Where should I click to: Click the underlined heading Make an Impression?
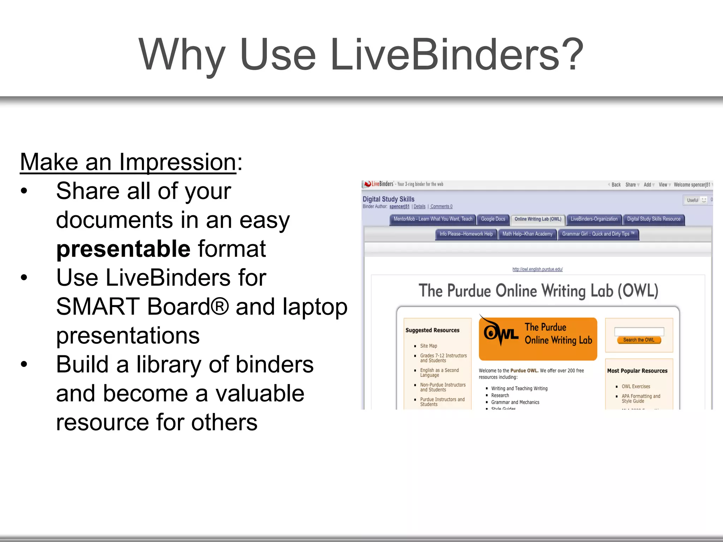(x=128, y=162)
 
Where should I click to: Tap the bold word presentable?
(x=123, y=249)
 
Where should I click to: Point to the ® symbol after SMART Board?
(x=220, y=306)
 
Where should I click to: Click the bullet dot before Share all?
(x=24, y=191)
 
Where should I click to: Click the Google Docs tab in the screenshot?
(x=493, y=219)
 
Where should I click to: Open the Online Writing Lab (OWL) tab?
(x=538, y=219)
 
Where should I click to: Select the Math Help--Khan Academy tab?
(x=527, y=234)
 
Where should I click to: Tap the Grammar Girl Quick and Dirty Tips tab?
(x=598, y=234)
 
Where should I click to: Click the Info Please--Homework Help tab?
(x=466, y=234)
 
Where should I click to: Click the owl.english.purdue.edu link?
(x=537, y=269)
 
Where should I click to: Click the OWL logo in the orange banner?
(x=500, y=332)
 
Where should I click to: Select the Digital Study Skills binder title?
(x=388, y=199)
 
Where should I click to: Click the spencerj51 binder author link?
(x=399, y=207)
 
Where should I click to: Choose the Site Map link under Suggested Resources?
(x=428, y=346)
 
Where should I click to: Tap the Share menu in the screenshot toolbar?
(x=631, y=185)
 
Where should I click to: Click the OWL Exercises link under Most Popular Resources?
(x=635, y=386)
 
